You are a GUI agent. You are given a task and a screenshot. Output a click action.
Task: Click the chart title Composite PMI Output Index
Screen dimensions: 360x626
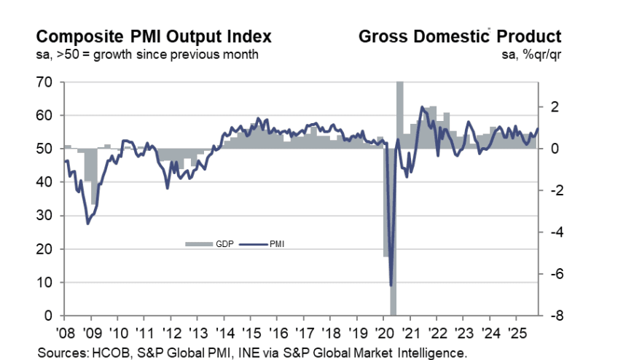click(154, 36)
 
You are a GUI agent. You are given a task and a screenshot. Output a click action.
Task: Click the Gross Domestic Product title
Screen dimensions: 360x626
click(459, 36)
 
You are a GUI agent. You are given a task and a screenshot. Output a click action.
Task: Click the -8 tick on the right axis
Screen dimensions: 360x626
click(553, 316)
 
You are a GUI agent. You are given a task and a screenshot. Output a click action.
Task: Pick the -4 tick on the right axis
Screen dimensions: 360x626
click(553, 232)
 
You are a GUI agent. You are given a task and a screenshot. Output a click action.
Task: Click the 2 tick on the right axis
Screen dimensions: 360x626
click(555, 107)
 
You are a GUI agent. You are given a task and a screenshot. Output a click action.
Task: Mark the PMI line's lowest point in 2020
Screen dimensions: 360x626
click(391, 285)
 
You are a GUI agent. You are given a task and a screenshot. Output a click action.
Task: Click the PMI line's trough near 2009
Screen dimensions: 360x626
click(88, 223)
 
